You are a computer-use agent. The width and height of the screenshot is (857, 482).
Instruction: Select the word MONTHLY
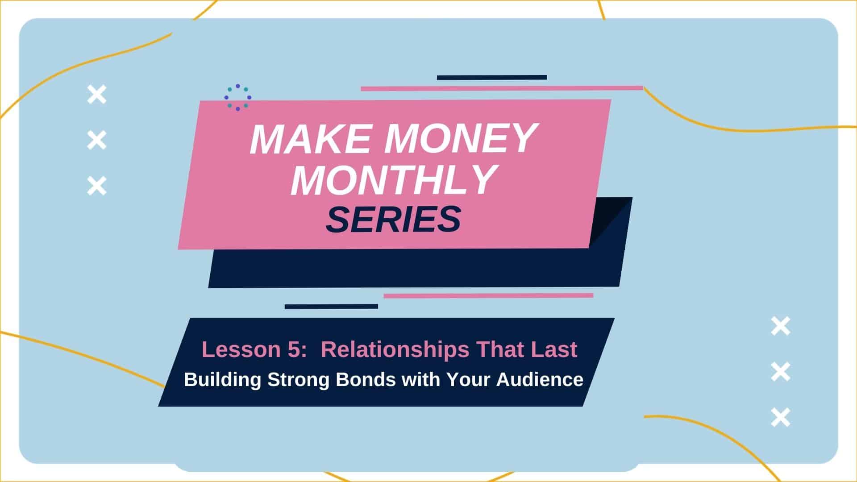tap(394, 180)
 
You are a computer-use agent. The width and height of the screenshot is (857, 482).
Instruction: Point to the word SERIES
tap(393, 220)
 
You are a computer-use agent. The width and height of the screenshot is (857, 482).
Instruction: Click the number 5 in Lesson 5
tap(293, 349)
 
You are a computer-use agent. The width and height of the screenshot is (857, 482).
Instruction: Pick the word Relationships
tap(395, 349)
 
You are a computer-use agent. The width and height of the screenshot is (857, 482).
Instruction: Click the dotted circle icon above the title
tap(237, 97)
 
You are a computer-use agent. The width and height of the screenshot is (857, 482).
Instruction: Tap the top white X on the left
tap(97, 95)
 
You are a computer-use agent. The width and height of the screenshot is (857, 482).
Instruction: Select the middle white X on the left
tap(97, 140)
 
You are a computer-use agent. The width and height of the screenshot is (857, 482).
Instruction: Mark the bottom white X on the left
tap(97, 186)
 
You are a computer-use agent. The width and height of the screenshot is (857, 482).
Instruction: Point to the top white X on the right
tap(781, 326)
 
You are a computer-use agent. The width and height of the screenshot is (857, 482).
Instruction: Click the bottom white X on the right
tap(781, 417)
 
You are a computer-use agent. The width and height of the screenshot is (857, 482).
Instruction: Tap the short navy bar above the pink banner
tap(492, 78)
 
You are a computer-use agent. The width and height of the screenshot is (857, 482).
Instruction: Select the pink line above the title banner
tap(502, 88)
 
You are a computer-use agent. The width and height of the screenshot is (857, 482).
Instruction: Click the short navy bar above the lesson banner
tap(331, 307)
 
